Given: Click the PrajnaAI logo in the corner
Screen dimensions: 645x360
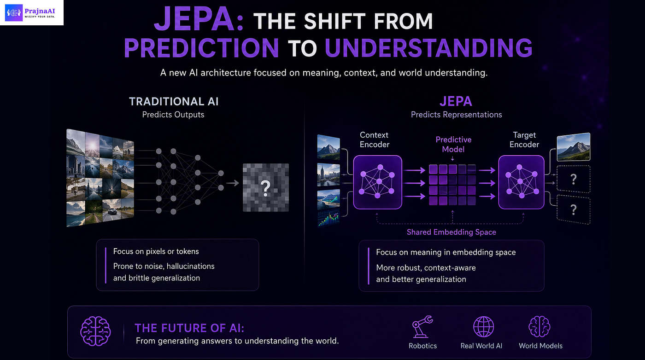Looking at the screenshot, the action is pos(32,13).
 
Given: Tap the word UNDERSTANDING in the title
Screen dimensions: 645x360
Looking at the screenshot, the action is pos(428,48).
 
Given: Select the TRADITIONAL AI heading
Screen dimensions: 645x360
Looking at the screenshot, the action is pos(174,102).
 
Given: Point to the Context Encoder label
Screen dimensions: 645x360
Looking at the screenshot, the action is pos(374,139).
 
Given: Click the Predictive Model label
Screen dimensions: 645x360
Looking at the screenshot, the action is pos(453,145).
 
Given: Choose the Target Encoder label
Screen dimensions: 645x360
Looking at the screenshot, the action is pos(524,139).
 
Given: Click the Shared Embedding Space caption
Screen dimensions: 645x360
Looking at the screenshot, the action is pos(451,232).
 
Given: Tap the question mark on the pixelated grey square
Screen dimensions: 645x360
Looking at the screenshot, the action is pos(265,188).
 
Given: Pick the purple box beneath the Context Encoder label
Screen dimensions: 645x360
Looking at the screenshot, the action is pos(377,182).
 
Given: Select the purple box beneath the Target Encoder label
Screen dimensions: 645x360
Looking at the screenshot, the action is pos(521,182).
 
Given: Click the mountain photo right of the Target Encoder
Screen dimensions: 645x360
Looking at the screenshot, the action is pos(573,147).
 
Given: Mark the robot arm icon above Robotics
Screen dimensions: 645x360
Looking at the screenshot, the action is pos(422,326).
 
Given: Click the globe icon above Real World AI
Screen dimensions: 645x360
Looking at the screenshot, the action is pos(483,326).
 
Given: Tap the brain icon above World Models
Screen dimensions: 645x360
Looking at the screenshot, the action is pos(539,326).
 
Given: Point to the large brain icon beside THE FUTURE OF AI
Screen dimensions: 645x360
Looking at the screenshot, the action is pos(95,331).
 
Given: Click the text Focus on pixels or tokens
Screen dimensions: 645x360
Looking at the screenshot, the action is pos(156,251).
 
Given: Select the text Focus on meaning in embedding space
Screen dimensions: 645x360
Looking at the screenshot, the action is pos(446,252).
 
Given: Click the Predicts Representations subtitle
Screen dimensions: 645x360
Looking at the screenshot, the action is pos(456,115).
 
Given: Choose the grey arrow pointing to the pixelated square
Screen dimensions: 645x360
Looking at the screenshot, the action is pos(233,183).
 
